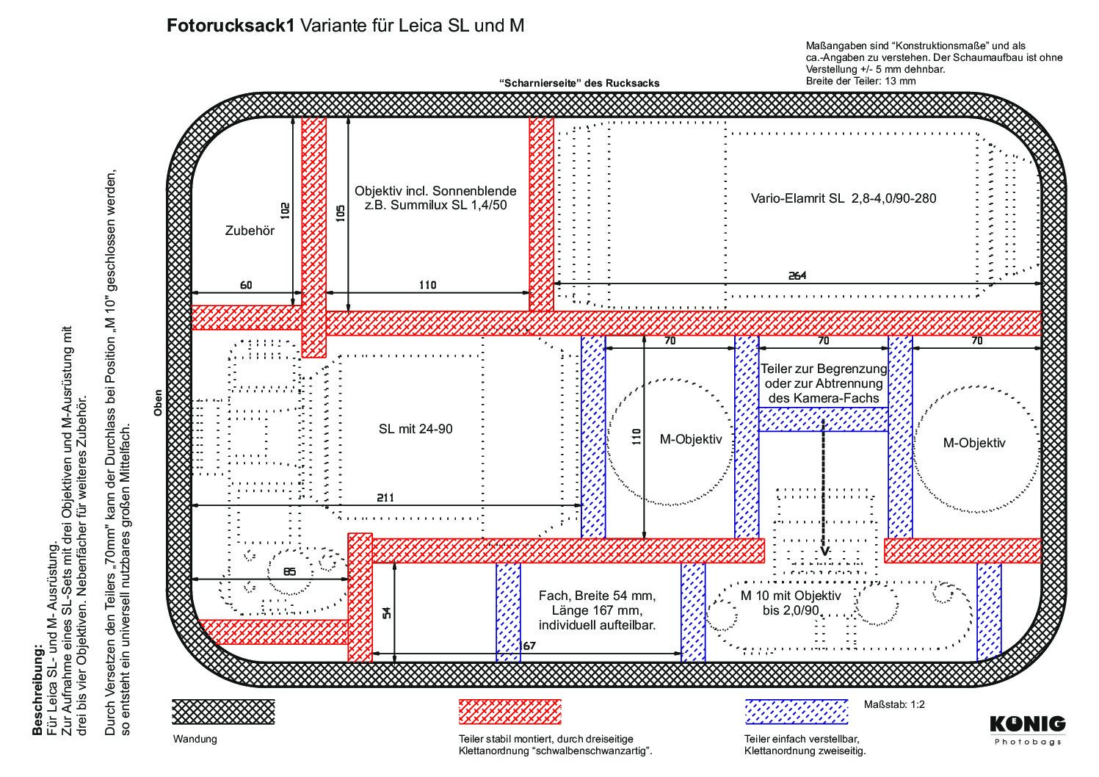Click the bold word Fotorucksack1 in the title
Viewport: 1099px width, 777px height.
231,26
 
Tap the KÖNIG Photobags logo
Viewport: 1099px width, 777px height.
1028,731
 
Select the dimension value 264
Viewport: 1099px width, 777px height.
797,276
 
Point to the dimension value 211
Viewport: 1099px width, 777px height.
385,498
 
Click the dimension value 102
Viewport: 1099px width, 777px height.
285,211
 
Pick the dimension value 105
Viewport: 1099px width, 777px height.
341,213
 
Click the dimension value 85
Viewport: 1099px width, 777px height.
290,572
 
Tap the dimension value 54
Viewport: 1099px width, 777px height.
387,612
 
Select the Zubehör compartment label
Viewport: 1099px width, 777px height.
250,231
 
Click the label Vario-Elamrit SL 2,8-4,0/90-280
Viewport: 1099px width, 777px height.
844,198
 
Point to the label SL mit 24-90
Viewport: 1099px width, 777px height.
416,429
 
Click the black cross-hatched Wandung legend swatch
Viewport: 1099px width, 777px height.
223,712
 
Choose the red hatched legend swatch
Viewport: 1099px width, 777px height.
509,712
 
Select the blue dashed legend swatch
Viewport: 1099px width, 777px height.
797,712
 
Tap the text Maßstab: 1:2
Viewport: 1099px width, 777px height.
894,704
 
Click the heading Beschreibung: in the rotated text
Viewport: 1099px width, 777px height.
37,692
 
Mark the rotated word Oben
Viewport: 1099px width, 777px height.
158,403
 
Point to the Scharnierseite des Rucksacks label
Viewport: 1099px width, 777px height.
579,84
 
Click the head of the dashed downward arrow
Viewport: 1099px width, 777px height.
824,552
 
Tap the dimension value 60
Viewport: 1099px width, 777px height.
246,285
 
